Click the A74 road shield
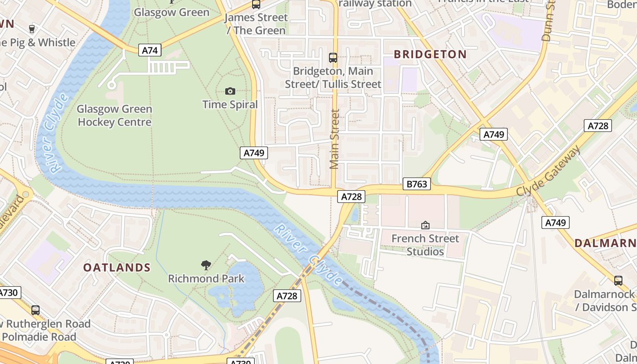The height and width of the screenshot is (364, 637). pos(150,50)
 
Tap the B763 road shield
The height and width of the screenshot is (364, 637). pos(416,184)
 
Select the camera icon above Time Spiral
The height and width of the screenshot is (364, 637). pos(230,91)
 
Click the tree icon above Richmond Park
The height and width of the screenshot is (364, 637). pos(206,265)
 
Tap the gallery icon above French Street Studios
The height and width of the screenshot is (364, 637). pos(425,225)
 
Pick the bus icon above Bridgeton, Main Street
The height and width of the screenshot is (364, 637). pos(333,58)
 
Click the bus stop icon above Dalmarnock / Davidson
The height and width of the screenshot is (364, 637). pos(618,280)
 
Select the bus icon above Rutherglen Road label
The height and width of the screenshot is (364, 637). pos(35,310)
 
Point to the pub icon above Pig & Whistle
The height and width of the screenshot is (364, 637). pos(31,29)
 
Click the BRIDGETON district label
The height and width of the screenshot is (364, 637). pos(430,54)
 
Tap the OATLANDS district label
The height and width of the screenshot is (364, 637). pos(117,268)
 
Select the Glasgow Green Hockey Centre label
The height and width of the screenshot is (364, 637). pos(114,116)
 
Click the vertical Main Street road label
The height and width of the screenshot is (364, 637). pos(335,139)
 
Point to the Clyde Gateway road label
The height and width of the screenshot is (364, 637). pos(548,171)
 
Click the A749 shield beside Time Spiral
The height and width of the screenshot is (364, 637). pos(254,153)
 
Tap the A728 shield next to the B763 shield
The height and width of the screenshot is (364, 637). pos(351,196)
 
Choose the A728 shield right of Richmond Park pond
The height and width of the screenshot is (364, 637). pos(288,296)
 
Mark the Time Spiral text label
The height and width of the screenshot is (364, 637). pos(230,105)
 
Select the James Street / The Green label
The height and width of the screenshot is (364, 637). pos(256,24)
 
